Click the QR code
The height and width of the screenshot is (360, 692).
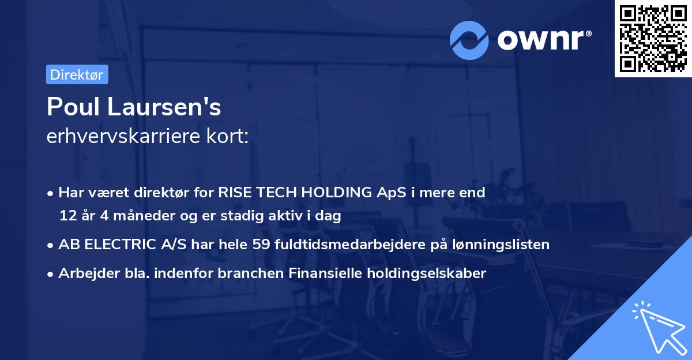(x=653, y=39)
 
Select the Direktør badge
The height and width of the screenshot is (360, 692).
(x=77, y=74)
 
